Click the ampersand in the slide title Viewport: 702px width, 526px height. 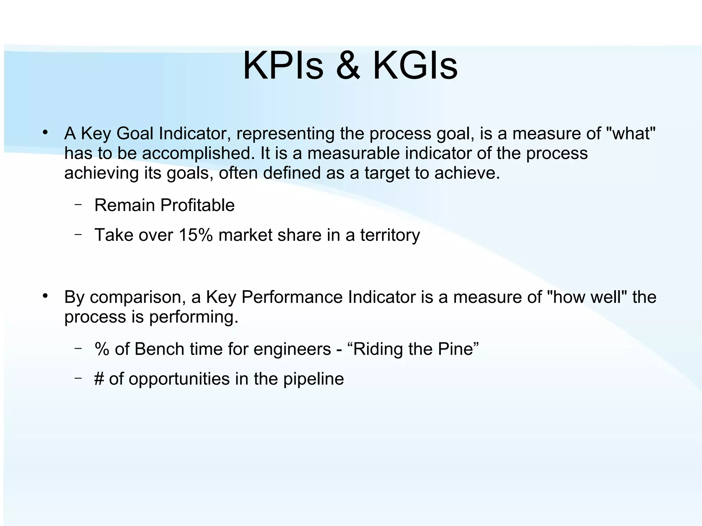point(348,66)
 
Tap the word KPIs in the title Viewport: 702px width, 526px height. point(283,66)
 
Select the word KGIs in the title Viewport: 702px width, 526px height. point(415,66)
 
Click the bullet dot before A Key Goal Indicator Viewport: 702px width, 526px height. point(45,133)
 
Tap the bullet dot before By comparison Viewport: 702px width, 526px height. point(45,296)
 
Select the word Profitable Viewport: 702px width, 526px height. point(197,205)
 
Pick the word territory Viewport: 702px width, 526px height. point(390,235)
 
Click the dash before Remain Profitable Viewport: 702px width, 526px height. point(78,205)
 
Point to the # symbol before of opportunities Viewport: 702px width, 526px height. point(99,379)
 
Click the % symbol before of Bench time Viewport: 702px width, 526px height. point(102,349)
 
